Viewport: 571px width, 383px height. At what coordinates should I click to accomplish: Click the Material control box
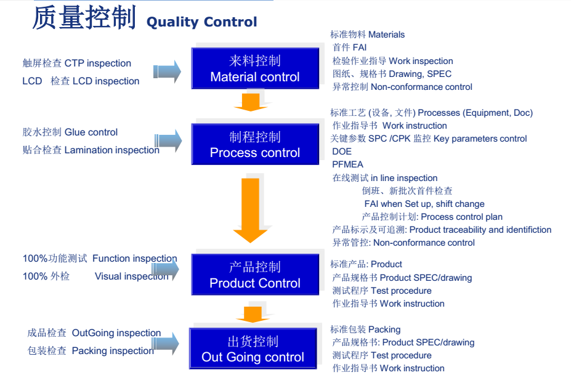pos(255,68)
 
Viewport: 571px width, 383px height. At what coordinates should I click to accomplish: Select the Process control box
pos(255,144)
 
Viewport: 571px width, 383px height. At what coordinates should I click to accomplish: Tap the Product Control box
pos(255,275)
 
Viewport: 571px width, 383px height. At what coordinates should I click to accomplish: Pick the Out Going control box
pos(253,349)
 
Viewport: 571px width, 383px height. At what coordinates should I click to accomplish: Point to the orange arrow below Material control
pos(250,102)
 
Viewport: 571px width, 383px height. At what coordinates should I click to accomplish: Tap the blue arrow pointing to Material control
pos(167,71)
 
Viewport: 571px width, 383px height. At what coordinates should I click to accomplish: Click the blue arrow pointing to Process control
pos(168,141)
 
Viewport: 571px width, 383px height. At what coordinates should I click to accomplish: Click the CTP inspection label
pos(77,63)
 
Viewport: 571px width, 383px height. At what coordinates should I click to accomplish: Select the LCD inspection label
pos(81,81)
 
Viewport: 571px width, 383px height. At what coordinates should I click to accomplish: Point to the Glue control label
pos(70,132)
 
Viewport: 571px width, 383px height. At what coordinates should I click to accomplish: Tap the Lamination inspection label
pos(91,150)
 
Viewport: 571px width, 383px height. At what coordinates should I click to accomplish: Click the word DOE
pos(342,151)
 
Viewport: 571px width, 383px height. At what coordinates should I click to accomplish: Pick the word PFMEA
pos(348,164)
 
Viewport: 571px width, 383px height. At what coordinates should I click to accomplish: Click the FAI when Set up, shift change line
pos(424,204)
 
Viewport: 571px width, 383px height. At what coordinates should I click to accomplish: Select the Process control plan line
pos(432,217)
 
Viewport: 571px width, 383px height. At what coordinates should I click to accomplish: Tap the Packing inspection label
pos(91,351)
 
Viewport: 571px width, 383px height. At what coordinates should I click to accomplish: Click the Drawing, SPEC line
pos(392,74)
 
